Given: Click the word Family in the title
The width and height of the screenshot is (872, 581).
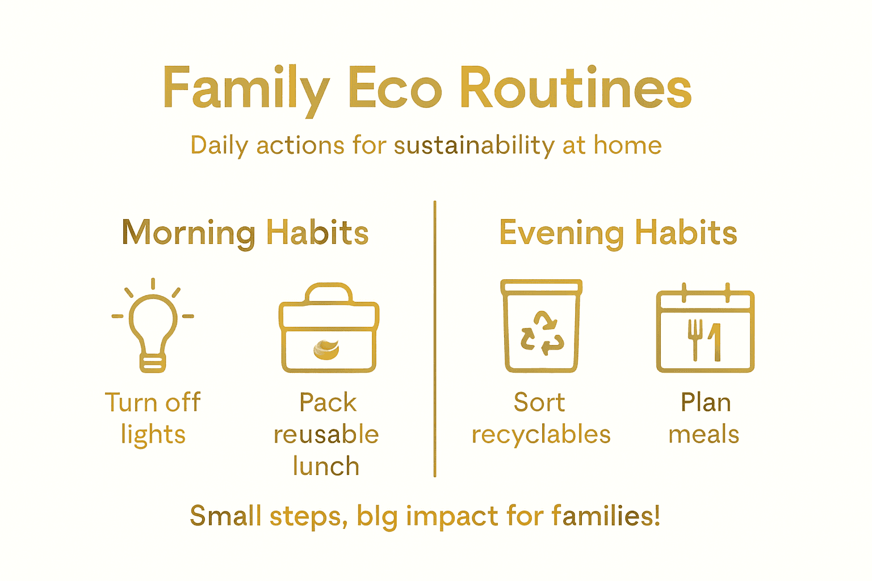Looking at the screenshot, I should pyautogui.click(x=246, y=89).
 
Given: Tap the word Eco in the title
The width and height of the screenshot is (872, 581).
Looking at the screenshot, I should pyautogui.click(x=395, y=89).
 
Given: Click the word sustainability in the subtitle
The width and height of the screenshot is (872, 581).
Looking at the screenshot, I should pyautogui.click(x=474, y=145).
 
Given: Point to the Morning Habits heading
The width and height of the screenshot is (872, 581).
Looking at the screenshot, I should pyautogui.click(x=245, y=233).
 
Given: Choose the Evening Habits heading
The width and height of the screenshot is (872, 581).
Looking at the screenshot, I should pyautogui.click(x=618, y=233).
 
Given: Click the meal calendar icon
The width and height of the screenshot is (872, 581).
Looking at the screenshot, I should pyautogui.click(x=705, y=329).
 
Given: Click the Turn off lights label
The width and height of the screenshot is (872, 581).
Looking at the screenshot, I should pyautogui.click(x=153, y=418).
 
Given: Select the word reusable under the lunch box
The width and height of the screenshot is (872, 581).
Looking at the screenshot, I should pyautogui.click(x=326, y=435).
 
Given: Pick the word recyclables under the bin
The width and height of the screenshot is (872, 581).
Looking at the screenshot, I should pyautogui.click(x=541, y=435).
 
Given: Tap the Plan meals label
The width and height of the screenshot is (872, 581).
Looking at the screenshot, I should pyautogui.click(x=705, y=418).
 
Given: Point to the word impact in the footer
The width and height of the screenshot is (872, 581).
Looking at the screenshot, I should pyautogui.click(x=452, y=516).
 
